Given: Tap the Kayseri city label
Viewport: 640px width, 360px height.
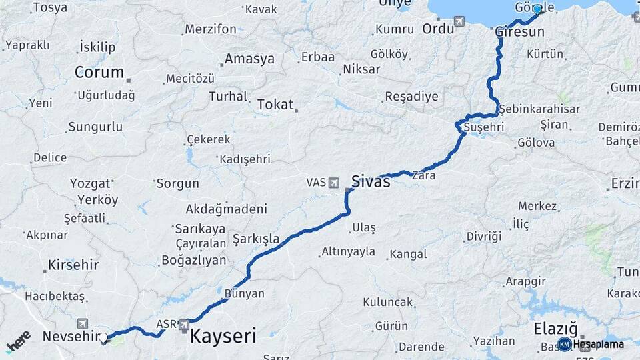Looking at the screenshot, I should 223,336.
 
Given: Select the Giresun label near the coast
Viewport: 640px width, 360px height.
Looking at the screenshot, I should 519,31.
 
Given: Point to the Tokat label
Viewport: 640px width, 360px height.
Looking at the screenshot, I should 275,105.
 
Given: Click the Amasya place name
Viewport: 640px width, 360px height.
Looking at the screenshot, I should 249,59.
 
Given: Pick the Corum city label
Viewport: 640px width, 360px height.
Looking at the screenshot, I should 99,72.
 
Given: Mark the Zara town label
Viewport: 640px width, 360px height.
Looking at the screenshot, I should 424,176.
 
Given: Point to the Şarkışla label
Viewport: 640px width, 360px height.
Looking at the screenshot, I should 255,238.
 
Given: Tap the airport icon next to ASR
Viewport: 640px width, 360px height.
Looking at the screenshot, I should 184,325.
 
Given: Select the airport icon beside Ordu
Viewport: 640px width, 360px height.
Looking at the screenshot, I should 459,22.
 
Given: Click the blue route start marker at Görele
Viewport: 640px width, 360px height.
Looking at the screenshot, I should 537,9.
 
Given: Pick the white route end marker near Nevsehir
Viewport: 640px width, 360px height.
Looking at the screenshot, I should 103,338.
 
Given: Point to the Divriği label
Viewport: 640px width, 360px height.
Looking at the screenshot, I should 483,237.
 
